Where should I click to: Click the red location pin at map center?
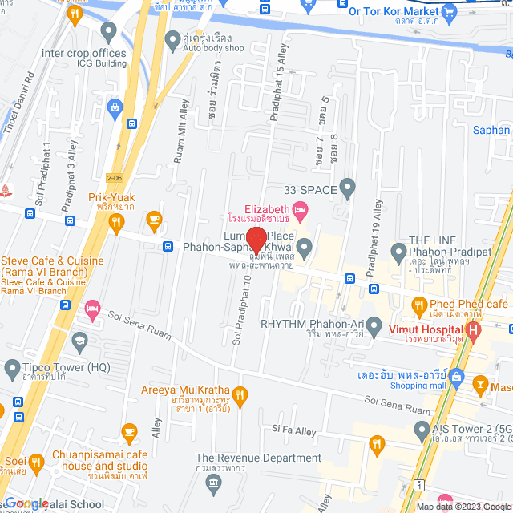(x=256, y=240)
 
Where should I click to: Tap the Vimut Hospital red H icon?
(x=474, y=329)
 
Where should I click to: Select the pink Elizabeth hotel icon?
(x=301, y=212)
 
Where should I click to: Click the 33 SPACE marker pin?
(x=347, y=190)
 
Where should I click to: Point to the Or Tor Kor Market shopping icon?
(x=449, y=11)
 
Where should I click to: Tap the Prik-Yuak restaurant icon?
(x=116, y=222)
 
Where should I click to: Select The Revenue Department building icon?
(x=212, y=481)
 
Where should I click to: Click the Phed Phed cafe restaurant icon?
(x=418, y=305)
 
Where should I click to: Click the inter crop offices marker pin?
(x=109, y=33)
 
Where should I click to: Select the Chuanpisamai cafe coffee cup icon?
(x=129, y=433)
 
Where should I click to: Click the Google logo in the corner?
(x=26, y=503)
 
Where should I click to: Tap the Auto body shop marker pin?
(x=172, y=38)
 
